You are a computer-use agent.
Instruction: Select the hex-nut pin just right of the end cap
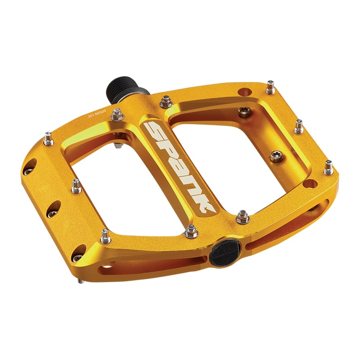(x=243, y=216)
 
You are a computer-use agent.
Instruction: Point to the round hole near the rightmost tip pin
(x=309, y=184)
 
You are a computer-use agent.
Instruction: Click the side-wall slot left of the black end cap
(x=148, y=261)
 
